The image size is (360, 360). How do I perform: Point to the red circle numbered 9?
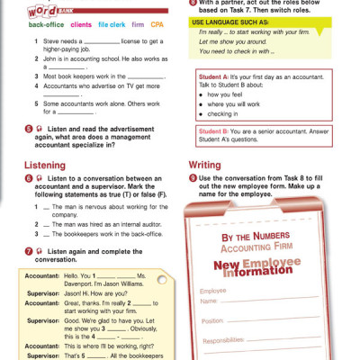pos(193,180)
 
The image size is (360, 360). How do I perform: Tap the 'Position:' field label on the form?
pos(213,319)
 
